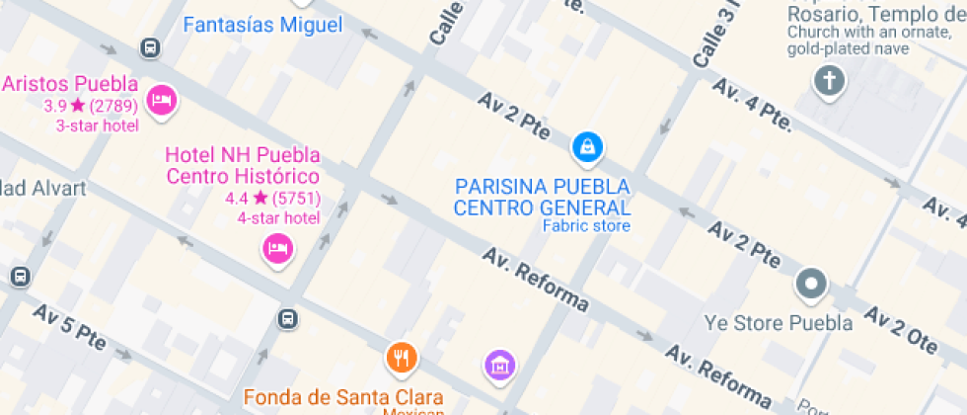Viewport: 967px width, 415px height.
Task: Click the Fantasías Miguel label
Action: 262,25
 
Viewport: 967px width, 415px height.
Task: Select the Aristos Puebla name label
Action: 70,84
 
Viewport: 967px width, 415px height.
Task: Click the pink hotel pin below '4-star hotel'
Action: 278,247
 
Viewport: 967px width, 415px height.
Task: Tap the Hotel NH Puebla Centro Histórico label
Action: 243,166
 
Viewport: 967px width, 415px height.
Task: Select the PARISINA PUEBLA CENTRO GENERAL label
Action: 542,197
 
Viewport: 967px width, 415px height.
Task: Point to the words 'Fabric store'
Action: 586,226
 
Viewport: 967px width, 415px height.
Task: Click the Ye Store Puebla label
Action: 779,323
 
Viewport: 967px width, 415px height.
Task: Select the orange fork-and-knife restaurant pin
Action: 401,358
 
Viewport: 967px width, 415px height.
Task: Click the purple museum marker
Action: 500,365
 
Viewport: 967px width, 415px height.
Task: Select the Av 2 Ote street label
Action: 900,329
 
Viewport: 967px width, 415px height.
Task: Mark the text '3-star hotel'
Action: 98,125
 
